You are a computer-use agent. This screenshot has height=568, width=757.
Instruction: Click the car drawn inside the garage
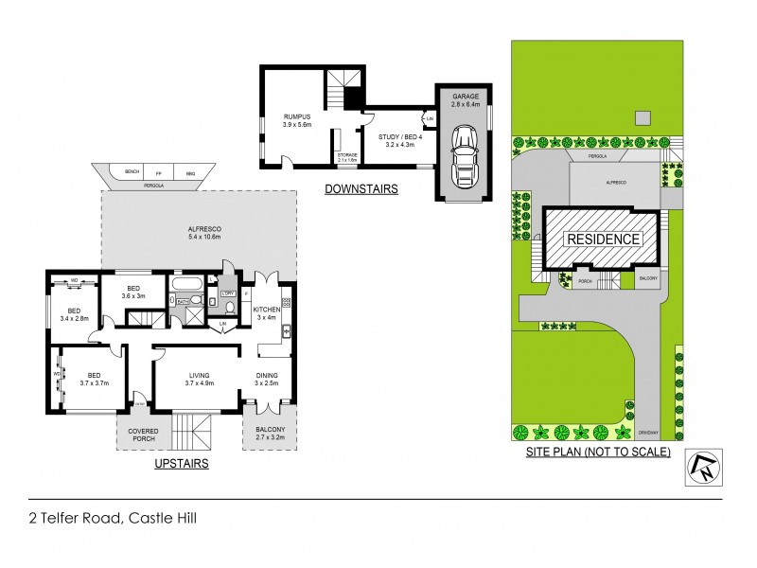point(464,157)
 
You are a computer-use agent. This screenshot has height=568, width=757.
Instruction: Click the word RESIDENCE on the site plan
point(602,240)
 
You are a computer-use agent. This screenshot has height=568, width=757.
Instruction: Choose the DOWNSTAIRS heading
point(361,189)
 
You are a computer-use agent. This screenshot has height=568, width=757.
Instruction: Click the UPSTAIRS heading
point(181,464)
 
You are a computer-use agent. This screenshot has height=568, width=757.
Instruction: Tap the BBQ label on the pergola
point(189,172)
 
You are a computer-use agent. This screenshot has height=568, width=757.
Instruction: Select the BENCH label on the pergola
point(132,172)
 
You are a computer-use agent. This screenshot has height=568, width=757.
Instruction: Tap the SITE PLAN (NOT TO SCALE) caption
point(598,453)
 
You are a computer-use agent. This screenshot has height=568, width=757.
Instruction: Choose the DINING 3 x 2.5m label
point(268,379)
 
